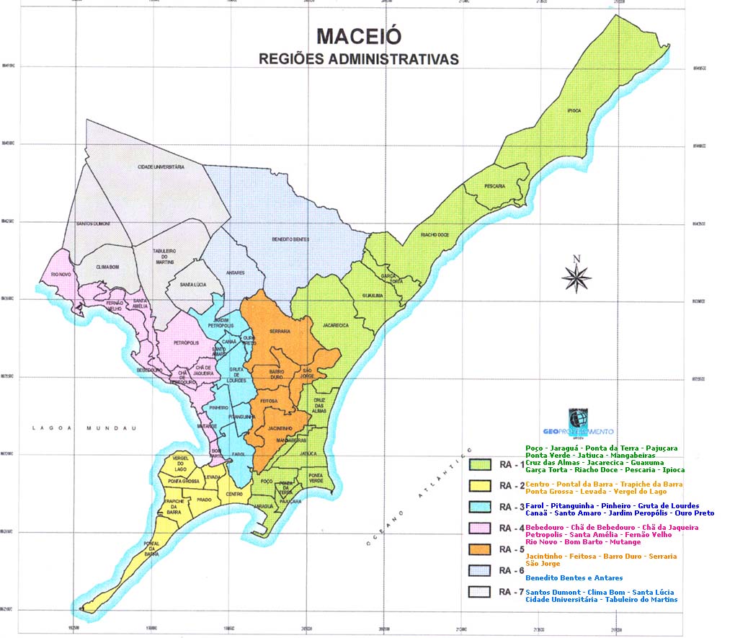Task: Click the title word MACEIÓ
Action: click(x=359, y=36)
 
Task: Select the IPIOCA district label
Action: click(x=574, y=110)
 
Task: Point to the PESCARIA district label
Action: click(x=494, y=186)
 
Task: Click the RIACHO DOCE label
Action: click(x=435, y=234)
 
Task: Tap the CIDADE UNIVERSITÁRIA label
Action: click(x=161, y=167)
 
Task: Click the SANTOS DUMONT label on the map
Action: click(x=94, y=223)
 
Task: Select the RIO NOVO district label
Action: click(x=60, y=274)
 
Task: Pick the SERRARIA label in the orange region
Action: click(x=279, y=331)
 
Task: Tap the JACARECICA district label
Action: click(x=335, y=325)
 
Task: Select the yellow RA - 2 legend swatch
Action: click(x=480, y=485)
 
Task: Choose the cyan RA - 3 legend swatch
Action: click(x=480, y=508)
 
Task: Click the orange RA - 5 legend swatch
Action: click(x=480, y=550)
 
